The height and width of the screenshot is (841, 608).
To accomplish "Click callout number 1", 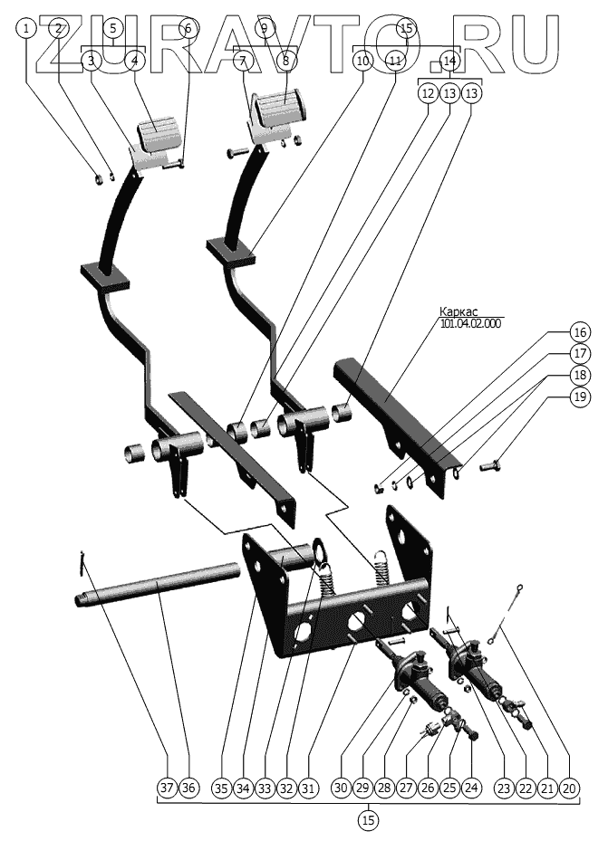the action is [x=28, y=28].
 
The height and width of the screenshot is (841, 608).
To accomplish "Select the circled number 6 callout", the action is [x=188, y=28].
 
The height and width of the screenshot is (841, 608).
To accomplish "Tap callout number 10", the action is [x=362, y=61].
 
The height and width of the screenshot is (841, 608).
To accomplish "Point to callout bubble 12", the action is [x=428, y=93].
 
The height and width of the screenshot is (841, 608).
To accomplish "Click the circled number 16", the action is [x=580, y=331].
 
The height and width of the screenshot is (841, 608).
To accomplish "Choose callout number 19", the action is [x=580, y=397].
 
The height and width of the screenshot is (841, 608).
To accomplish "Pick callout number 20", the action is [x=569, y=788].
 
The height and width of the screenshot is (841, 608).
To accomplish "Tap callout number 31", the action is [x=308, y=788].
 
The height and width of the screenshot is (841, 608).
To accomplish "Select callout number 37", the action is [x=167, y=788].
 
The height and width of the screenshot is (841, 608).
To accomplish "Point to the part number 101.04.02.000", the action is [x=470, y=323].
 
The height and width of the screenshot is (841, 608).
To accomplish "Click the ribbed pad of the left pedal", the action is [x=159, y=139].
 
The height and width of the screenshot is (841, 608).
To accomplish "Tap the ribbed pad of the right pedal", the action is [x=280, y=111].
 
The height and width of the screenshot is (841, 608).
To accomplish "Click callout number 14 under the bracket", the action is [x=449, y=61].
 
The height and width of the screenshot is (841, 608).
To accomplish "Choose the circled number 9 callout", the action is [x=264, y=28].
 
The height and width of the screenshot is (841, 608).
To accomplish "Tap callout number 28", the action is [x=383, y=788].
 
